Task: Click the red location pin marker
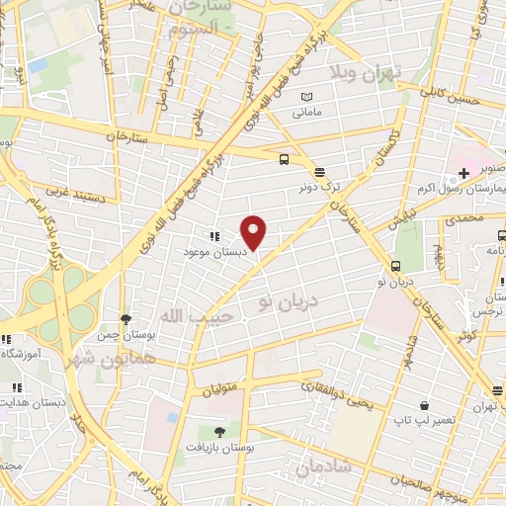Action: click(254, 231)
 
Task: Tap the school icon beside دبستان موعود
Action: click(212, 236)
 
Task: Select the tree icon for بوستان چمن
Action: click(126, 318)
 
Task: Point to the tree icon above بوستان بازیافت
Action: click(218, 432)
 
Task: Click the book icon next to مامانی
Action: click(306, 96)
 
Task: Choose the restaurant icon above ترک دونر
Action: click(318, 171)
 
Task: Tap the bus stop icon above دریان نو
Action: click(395, 266)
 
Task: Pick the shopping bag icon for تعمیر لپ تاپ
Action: click(423, 405)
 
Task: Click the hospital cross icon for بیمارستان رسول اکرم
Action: click(464, 173)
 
